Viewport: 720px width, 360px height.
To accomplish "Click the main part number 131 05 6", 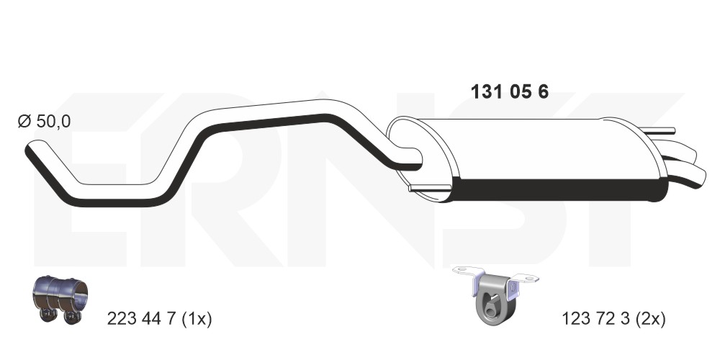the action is [509, 92].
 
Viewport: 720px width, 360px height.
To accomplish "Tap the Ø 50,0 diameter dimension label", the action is [44, 122].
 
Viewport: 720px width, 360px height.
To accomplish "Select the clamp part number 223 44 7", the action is [141, 318].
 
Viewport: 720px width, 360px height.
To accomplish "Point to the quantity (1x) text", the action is [197, 318].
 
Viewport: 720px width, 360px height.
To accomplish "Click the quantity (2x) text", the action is [651, 318].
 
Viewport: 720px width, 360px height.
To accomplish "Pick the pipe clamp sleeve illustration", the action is [60, 299].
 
